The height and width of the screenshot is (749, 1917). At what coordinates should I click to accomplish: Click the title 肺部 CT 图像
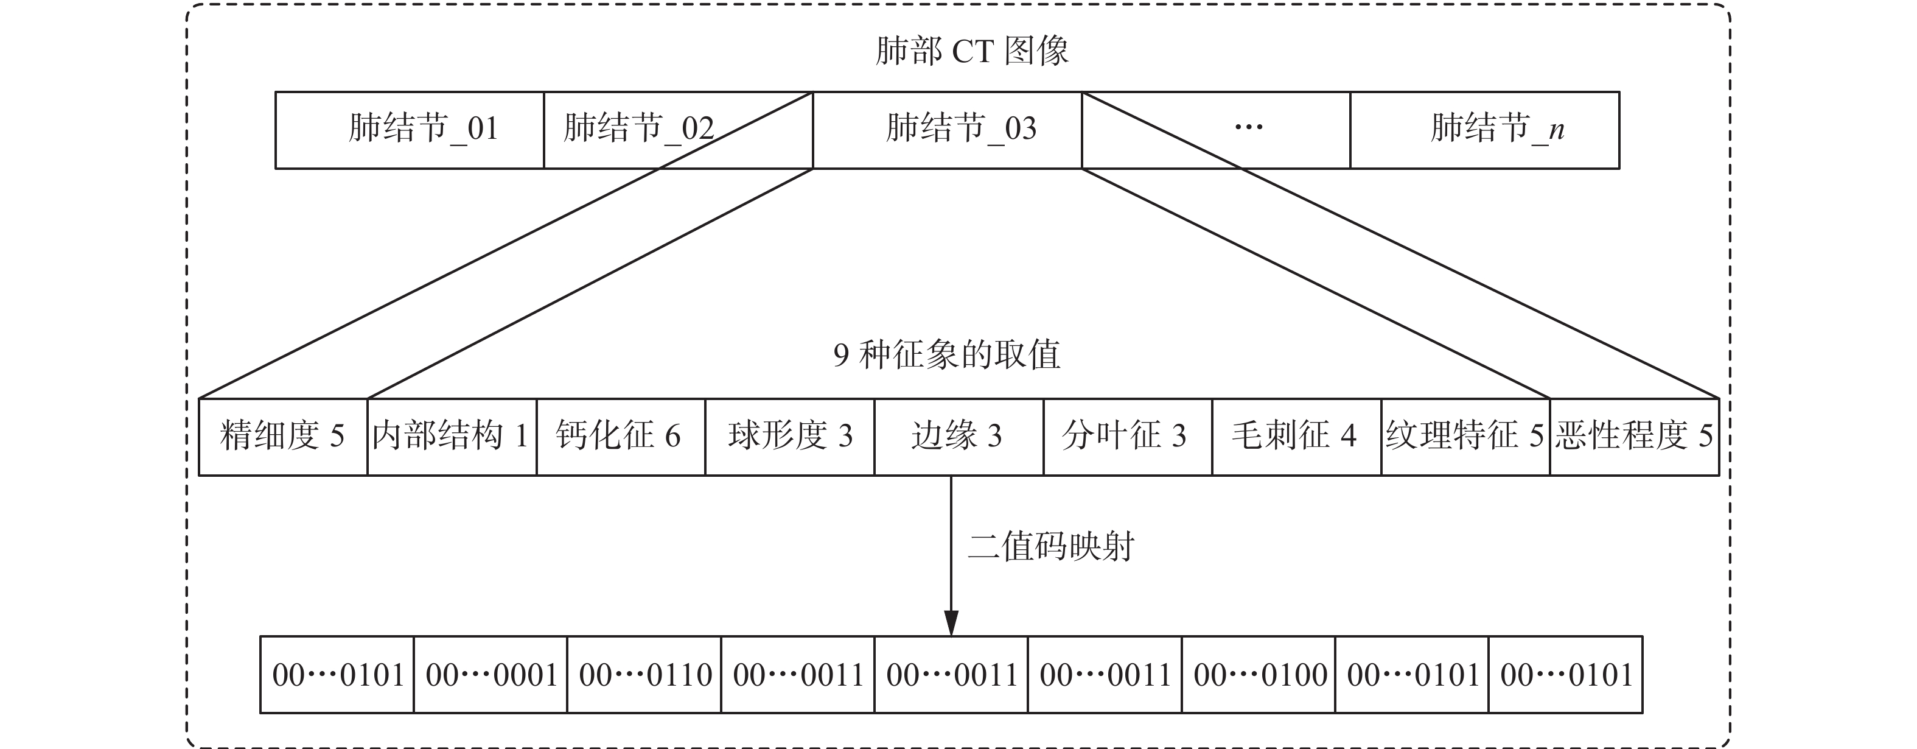pyautogui.click(x=972, y=51)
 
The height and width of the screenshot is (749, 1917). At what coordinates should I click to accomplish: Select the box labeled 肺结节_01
pyautogui.click(x=410, y=130)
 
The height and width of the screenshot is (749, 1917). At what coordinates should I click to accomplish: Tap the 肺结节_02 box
pyautogui.click(x=638, y=130)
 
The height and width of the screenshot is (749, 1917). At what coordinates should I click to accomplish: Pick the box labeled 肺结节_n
pyautogui.click(x=1485, y=130)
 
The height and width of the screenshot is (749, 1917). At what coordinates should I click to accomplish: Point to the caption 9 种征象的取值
pyautogui.click(x=946, y=354)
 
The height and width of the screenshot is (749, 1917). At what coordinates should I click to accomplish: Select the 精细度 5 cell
pyautogui.click(x=283, y=436)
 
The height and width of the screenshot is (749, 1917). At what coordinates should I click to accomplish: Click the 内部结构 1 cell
pyautogui.click(x=452, y=436)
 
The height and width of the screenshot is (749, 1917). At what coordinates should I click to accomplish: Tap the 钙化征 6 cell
pyautogui.click(x=621, y=436)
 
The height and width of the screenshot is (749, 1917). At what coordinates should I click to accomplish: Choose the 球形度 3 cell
pyautogui.click(x=789, y=436)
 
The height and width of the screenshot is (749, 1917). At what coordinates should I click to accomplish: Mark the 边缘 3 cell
pyautogui.click(x=958, y=436)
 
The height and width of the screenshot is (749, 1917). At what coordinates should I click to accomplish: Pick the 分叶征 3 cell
pyautogui.click(x=1128, y=436)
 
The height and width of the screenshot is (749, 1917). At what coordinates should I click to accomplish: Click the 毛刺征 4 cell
pyautogui.click(x=1296, y=436)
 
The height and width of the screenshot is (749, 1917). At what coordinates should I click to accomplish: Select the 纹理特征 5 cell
pyautogui.click(x=1465, y=436)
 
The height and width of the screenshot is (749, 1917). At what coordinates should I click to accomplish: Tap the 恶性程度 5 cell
pyautogui.click(x=1634, y=436)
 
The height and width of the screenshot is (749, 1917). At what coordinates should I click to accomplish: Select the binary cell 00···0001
pyautogui.click(x=491, y=675)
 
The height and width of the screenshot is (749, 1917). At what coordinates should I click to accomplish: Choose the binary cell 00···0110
pyautogui.click(x=644, y=675)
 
